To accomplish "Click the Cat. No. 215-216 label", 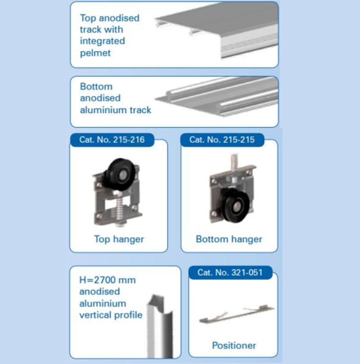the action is coord(112,140).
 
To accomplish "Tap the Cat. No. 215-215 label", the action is coord(222,140).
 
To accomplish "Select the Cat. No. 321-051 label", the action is coord(230,272).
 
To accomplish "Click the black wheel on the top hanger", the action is coord(120,171).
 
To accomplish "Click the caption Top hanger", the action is coord(119,239).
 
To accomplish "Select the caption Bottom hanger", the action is coord(229,239).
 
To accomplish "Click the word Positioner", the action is coord(234,346).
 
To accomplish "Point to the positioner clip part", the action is coord(237,314).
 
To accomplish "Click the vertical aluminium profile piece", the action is coord(160,326).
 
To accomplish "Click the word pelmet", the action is coord(95,53).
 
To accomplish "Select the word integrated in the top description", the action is coord(103,41).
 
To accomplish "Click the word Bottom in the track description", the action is coord(96,87).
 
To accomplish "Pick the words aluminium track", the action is coord(116,110).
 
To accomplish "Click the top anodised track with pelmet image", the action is coord(216,30).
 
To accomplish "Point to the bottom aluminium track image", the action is coord(216,97).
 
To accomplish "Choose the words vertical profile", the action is coord(111,315).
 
